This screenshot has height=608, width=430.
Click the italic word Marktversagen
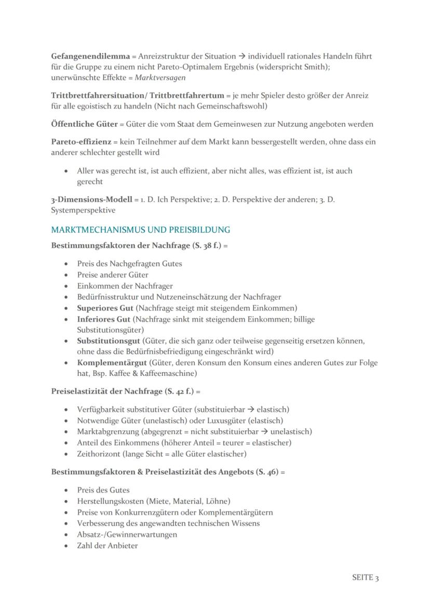160,77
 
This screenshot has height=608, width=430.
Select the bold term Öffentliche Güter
84,124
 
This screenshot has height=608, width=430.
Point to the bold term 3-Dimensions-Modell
91,199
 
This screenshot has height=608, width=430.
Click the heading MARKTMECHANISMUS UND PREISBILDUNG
140,229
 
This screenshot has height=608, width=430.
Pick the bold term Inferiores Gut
103,319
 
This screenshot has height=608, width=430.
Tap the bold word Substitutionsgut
109,341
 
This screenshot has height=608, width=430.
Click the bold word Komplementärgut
112,362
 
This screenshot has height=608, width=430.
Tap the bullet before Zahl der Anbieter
65,546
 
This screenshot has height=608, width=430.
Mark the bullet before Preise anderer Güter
65,275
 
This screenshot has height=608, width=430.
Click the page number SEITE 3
365,578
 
